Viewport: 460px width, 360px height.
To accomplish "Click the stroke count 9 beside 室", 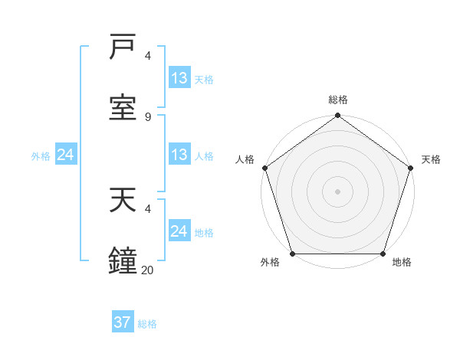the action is click(148, 116).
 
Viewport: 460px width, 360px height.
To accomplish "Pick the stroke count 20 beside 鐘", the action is click(148, 269).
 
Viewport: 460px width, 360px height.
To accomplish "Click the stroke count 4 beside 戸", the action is click(148, 56).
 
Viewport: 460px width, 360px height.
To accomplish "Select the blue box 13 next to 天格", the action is click(179, 78).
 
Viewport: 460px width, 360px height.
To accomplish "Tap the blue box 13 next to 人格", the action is click(179, 155).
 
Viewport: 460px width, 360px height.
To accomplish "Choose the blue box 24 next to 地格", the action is click(179, 231).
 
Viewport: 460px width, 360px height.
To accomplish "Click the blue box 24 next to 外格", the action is click(66, 155).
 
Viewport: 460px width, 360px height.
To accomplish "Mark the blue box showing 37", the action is click(123, 322).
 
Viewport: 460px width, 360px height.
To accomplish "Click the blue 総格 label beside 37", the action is click(147, 323).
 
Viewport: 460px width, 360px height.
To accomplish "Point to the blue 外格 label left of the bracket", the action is click(41, 155).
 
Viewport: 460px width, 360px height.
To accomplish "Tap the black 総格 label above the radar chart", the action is click(338, 100).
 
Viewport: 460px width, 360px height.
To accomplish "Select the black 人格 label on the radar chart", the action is click(245, 159).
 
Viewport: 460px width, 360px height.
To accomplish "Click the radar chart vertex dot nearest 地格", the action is click(383, 254).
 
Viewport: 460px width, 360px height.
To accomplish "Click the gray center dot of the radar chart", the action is click(337, 191).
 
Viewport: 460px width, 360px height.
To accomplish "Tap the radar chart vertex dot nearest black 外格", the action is click(292, 254).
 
